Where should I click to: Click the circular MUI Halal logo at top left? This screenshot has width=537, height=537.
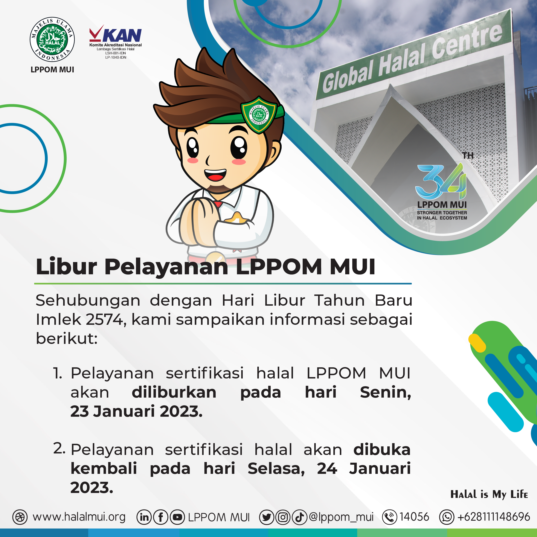(52, 39)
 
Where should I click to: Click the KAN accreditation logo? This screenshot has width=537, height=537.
(115, 42)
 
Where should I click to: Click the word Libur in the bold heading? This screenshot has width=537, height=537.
(66, 267)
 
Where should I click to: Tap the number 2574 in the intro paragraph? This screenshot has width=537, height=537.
(104, 319)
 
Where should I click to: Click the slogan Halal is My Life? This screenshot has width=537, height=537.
(489, 494)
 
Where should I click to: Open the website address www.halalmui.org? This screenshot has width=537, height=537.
(79, 517)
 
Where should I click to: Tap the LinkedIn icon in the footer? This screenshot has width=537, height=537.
(144, 517)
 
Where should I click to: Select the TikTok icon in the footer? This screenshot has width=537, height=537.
(299, 517)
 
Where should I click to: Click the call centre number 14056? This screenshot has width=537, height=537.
(414, 517)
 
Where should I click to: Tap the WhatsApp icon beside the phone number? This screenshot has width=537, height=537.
(447, 517)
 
